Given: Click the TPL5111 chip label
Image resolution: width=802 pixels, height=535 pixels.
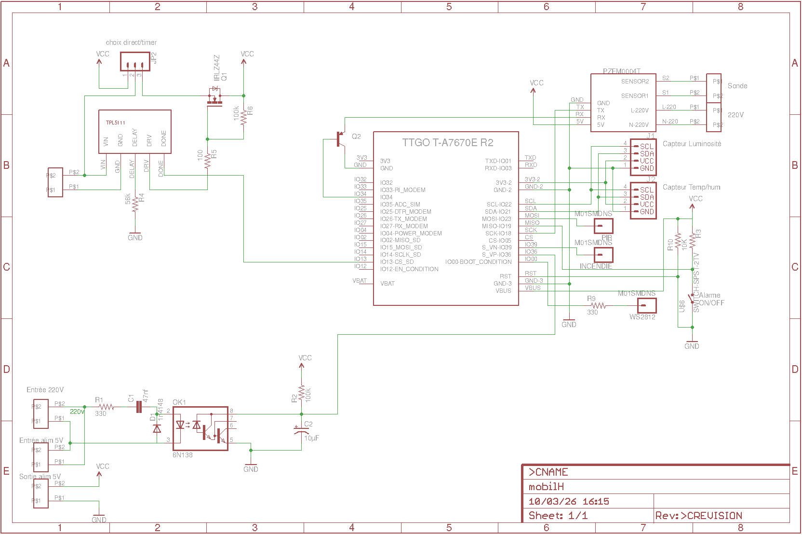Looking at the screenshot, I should tap(116, 123).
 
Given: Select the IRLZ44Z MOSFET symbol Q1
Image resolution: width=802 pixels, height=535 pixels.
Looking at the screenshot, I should tap(215, 96).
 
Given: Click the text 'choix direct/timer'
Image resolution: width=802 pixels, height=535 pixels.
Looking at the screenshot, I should tap(131, 42).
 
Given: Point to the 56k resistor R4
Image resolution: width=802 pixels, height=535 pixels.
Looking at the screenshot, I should tap(135, 205).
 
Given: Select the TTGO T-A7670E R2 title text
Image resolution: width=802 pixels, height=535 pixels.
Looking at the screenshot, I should tap(447, 142).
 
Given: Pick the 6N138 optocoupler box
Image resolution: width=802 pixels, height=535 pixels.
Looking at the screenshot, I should tap(200, 428).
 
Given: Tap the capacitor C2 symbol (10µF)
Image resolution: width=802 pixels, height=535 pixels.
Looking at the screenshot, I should tap(302, 430).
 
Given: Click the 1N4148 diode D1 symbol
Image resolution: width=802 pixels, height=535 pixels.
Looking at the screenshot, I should tap(157, 428).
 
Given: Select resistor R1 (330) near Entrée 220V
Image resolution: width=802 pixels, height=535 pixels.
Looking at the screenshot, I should tap(106, 407).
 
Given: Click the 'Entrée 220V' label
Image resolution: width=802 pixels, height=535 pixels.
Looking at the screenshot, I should tap(45, 390).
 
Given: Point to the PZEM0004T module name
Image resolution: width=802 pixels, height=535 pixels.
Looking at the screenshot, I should tap(621, 71).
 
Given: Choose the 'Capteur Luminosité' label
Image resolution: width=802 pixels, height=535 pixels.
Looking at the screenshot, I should tap(692, 144).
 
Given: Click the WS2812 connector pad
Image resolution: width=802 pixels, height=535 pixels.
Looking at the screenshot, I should tap(646, 305).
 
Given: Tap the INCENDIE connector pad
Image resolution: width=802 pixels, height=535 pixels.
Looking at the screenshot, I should tap(603, 255).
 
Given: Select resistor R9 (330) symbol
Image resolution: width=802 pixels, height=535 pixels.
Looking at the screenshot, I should tap(598, 305).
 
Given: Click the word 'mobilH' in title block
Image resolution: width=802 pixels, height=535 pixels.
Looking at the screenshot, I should tap(546, 486).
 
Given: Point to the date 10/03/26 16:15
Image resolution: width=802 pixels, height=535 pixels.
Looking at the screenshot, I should tap(569, 501).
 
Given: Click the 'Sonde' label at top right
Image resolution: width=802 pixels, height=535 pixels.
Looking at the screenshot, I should tap(737, 86).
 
